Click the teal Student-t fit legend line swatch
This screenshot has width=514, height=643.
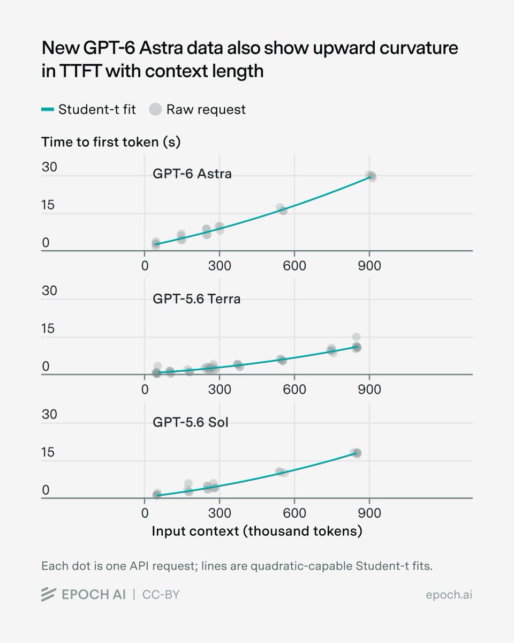pos(48,109)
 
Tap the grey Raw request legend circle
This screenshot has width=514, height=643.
pos(155,109)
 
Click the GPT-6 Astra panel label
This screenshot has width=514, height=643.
pos(192,174)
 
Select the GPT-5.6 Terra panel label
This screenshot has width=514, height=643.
pos(196,299)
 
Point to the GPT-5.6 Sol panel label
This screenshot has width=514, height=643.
pos(191,422)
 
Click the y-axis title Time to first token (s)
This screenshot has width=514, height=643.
pos(111,142)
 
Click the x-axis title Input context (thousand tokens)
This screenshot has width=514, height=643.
pos(257,531)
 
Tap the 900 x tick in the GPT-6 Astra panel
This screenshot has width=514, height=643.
pos(369,266)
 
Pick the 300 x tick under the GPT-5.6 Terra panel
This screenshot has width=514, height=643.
pos(220,390)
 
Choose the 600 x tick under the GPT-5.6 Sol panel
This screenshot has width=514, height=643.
pos(294,513)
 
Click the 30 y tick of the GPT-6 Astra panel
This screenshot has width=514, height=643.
pos(49,167)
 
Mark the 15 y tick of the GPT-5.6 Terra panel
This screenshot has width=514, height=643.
pos(48,328)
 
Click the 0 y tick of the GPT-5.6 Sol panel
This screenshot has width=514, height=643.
pos(46,490)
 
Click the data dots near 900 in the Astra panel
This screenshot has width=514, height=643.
pos(371,177)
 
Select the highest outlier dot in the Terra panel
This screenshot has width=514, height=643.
pos(356,337)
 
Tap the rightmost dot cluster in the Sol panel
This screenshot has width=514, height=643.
pos(356,453)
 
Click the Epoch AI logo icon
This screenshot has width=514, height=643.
pos(48,595)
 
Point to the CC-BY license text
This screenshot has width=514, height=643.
pos(161,595)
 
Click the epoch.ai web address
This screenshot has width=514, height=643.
pos(449,595)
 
